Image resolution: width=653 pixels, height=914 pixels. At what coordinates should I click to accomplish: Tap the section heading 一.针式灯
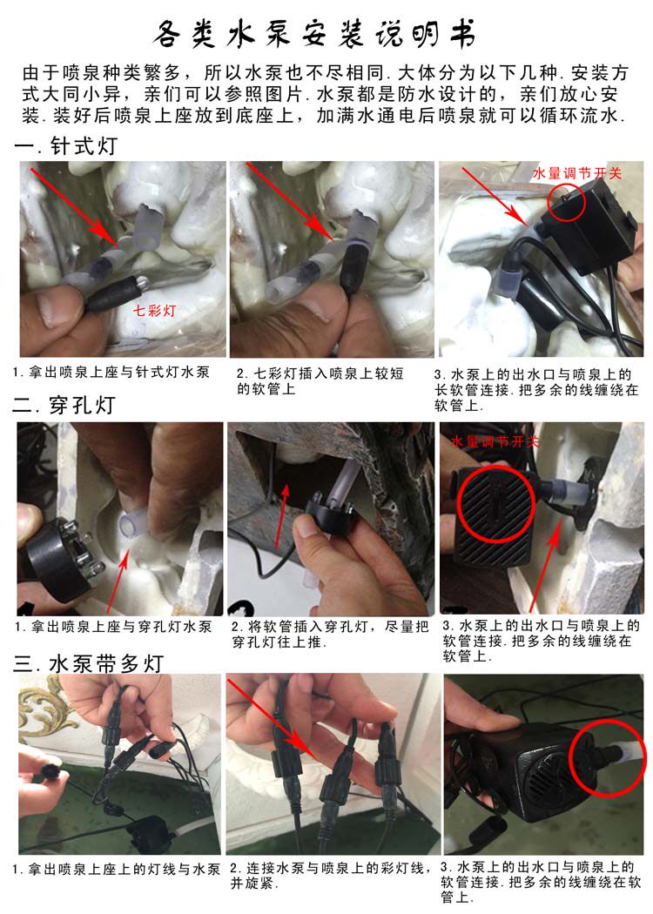[66, 145]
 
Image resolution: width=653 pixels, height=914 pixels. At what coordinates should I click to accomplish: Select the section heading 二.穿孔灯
[66, 405]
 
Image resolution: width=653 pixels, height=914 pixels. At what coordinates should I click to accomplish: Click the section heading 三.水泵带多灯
[88, 663]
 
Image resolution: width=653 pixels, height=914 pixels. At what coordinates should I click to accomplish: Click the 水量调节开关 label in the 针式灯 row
[577, 173]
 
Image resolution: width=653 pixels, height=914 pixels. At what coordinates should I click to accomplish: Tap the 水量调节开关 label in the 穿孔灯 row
[495, 441]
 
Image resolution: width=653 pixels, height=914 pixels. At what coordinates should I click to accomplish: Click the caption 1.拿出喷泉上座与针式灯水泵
[111, 373]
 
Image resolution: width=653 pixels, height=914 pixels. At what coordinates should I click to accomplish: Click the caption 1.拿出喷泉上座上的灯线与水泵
[116, 869]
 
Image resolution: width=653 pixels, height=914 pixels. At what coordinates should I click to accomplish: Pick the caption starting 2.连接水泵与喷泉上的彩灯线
[328, 876]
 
